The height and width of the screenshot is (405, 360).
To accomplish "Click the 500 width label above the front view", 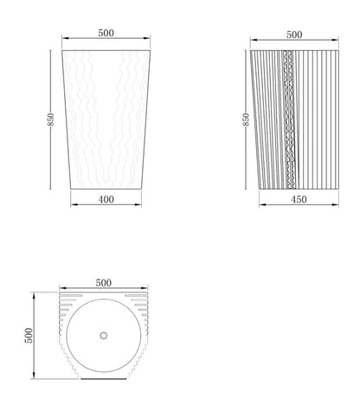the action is coord(106,33).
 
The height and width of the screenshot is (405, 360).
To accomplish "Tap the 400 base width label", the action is coord(106,199).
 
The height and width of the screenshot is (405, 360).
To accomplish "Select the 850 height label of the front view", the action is coord(50,119).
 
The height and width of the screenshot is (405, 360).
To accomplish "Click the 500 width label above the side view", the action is coord(294,35).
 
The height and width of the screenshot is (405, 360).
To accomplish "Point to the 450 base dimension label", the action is coord(299,199).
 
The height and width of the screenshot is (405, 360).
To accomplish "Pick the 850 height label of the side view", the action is coord(246,119).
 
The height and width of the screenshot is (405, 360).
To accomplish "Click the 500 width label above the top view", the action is coord(104,283).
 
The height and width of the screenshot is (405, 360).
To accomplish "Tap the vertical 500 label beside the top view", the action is coord(29,336).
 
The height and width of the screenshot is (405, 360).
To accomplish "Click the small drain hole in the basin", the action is coord(104,336).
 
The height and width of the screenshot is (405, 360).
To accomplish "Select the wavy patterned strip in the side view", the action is coord(289,119).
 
